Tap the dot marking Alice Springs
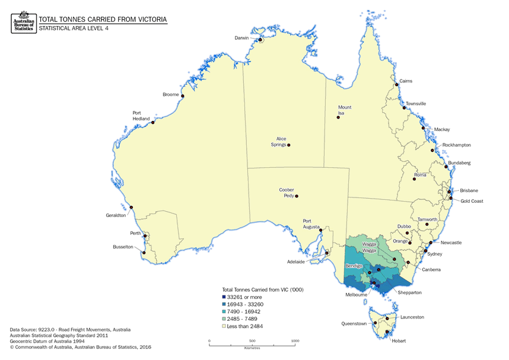tap(289, 145)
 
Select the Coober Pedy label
tap(287, 193)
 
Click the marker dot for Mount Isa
tap(338, 117)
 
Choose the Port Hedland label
tap(141, 116)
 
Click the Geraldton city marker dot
tap(131, 207)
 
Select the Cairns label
tap(406, 81)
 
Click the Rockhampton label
tap(457, 145)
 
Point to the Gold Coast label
tap(472, 201)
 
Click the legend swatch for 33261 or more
tap(223, 297)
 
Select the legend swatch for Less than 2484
tap(223, 326)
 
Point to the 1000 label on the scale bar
tap(295, 341)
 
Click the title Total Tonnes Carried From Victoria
tap(103, 19)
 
